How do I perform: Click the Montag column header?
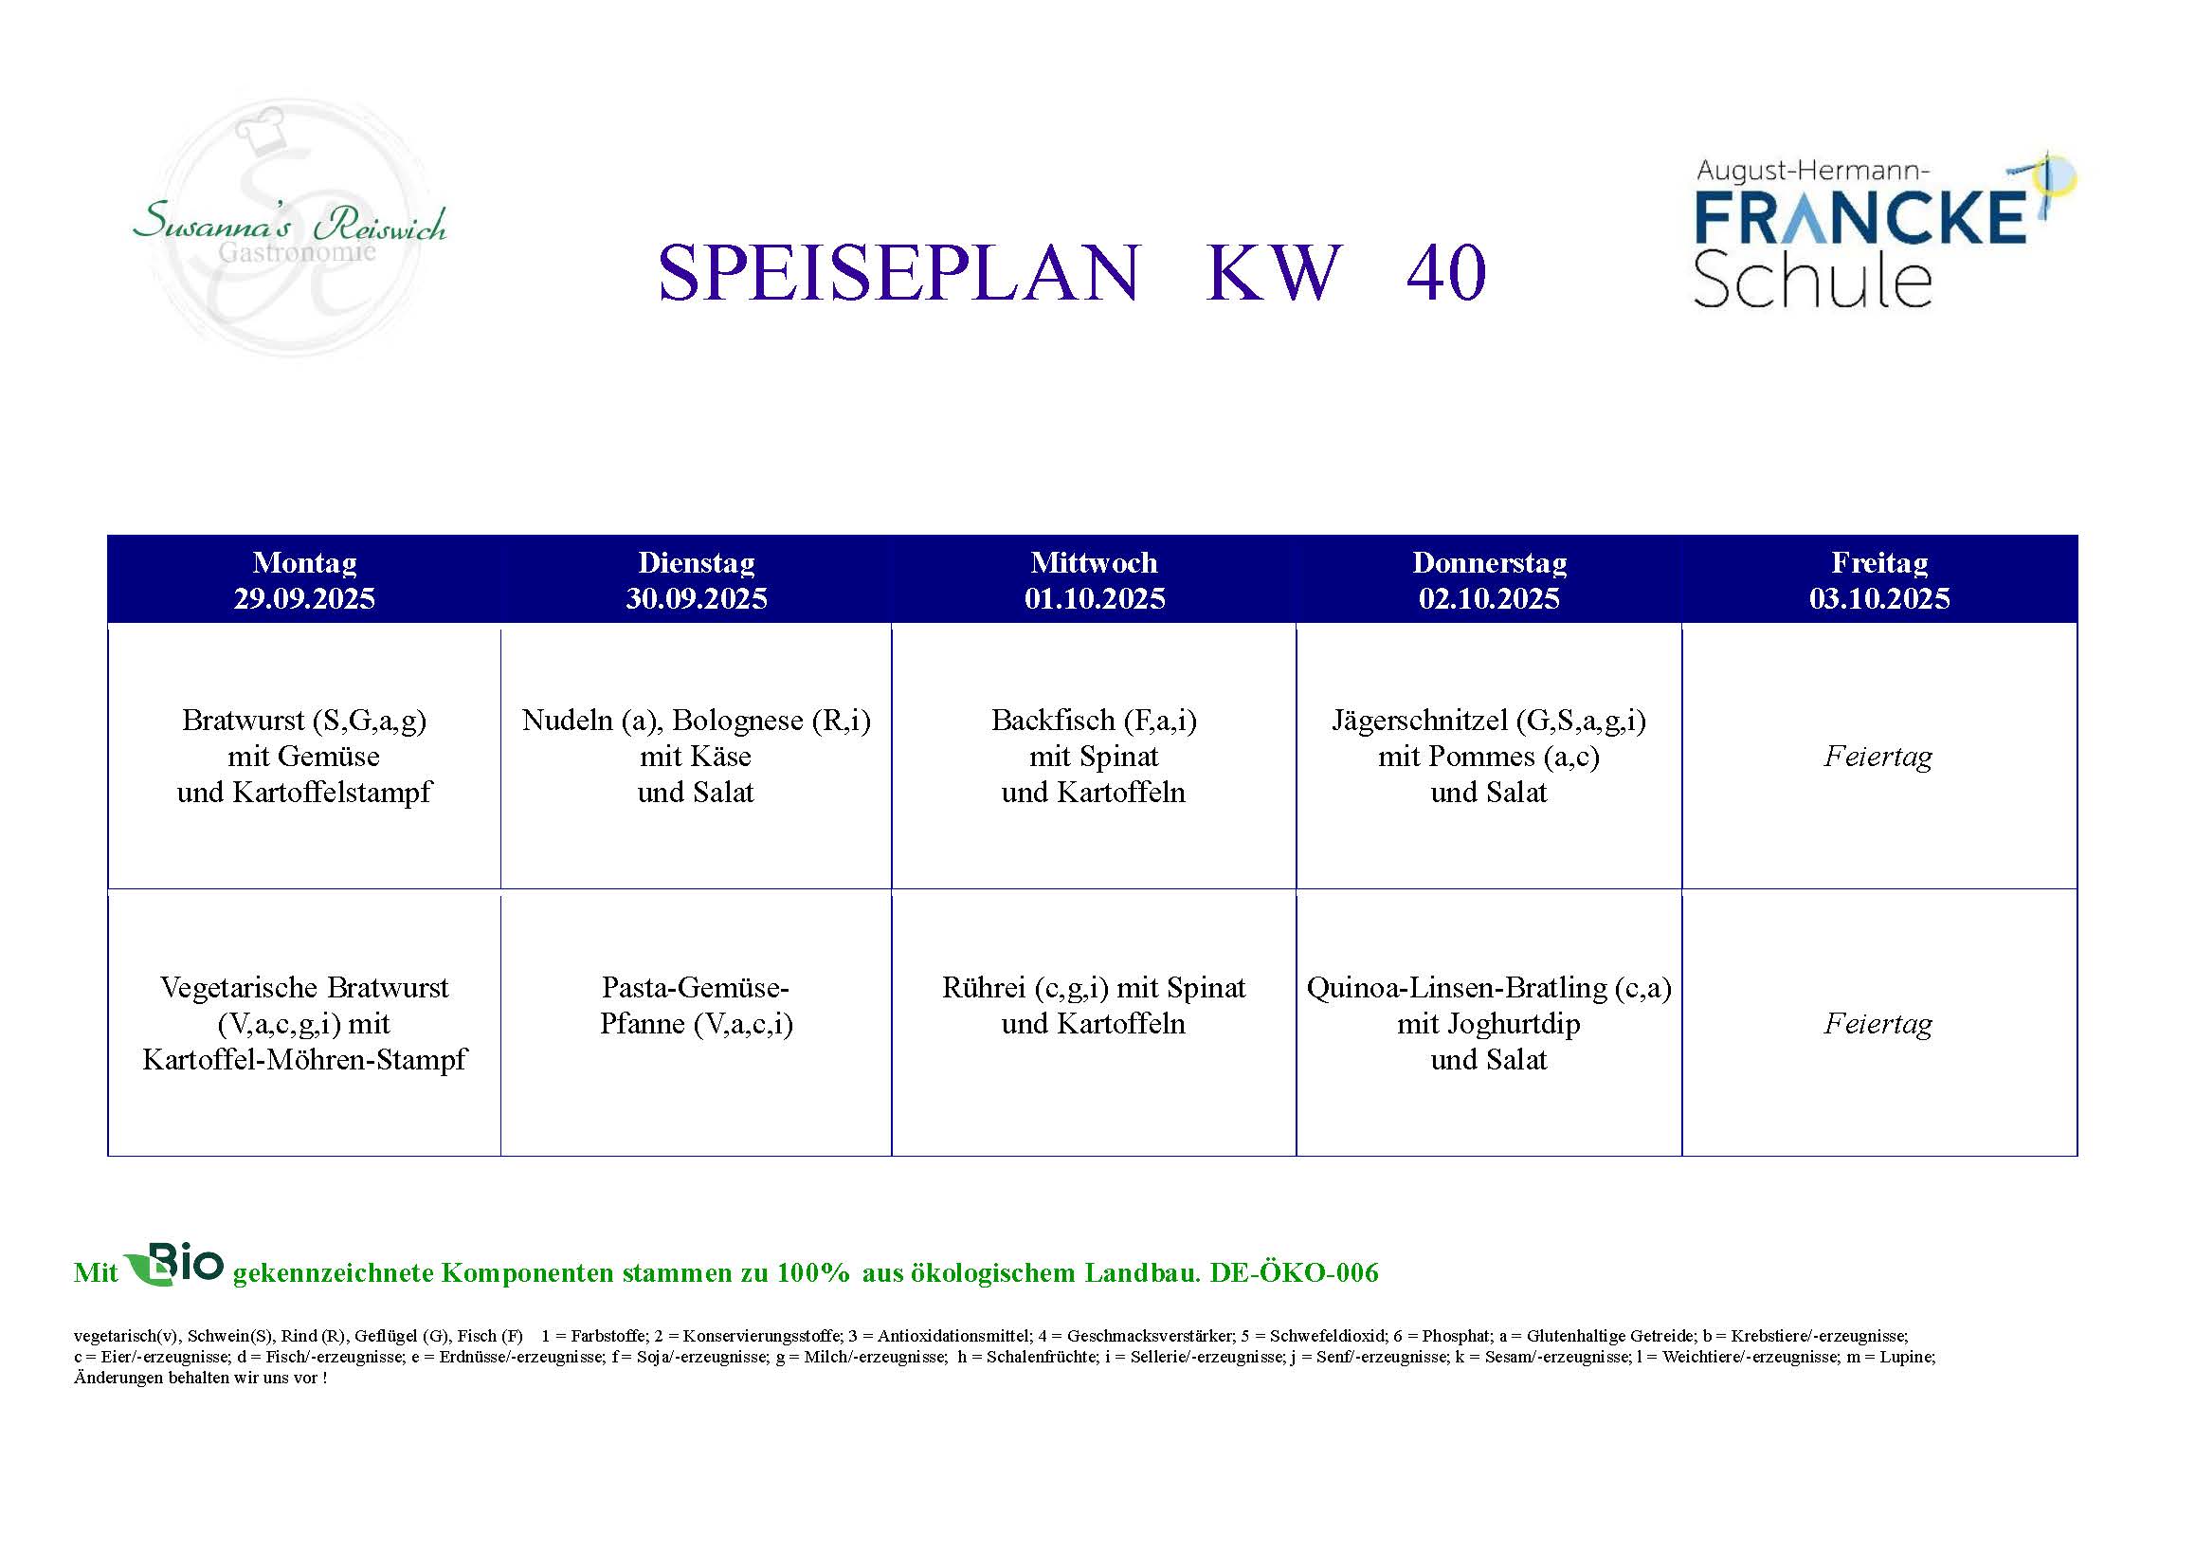click(x=304, y=562)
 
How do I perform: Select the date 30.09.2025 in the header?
click(x=696, y=598)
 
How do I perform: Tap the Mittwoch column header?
click(x=1094, y=562)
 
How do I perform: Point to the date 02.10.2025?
click(x=1489, y=598)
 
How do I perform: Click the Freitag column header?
click(x=1878, y=562)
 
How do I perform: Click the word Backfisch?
click(x=1053, y=720)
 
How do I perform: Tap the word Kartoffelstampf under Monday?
click(x=331, y=793)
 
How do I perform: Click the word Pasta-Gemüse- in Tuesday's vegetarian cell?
click(x=695, y=988)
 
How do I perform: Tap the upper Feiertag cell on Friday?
click(x=1878, y=757)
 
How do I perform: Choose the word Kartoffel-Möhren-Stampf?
click(x=304, y=1060)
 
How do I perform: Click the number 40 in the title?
click(x=1446, y=272)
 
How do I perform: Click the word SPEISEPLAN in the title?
click(x=898, y=272)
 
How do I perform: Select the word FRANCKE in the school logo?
click(x=1859, y=217)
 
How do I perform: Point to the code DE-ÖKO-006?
click(x=1294, y=1272)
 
